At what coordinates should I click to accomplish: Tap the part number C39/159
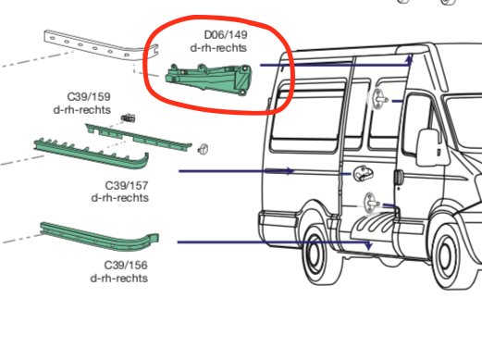89,96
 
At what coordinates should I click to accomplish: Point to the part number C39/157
127,185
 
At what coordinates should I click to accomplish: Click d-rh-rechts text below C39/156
120,278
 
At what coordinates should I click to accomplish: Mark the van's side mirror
428,147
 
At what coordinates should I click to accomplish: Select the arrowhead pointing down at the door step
368,246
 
